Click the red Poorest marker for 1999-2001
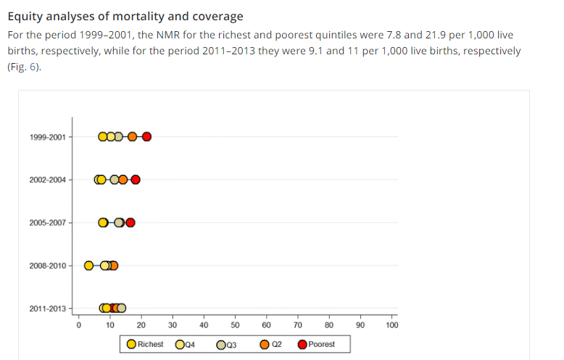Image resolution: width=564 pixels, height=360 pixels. point(146,137)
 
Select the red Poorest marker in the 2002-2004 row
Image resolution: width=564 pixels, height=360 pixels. point(135,180)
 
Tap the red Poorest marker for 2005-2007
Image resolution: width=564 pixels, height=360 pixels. point(130,222)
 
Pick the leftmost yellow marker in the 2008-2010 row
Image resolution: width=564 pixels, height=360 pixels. point(89,265)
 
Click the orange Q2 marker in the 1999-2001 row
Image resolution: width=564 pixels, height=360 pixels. point(132,137)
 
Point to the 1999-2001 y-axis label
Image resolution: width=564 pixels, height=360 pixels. point(47,137)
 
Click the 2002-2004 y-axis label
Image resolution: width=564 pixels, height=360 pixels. point(47,180)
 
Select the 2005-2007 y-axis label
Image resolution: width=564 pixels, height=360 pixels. point(47,222)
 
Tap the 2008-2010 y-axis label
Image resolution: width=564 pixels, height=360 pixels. point(47,265)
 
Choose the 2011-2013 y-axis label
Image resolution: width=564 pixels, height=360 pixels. point(47,309)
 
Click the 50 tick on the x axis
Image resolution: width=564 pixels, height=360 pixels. point(235,325)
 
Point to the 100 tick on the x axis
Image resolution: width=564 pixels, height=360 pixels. point(392,325)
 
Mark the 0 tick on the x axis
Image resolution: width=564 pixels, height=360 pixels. point(78,325)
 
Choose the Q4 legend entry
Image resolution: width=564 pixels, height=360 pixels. point(186,345)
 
